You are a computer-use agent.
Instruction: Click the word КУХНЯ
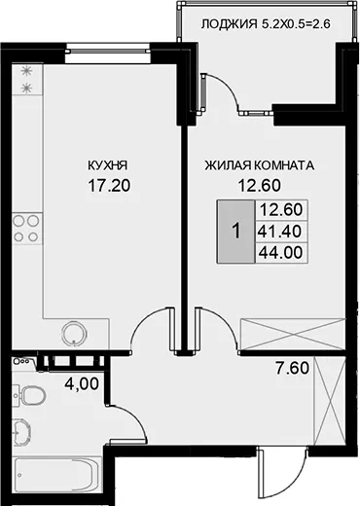pos(108,165)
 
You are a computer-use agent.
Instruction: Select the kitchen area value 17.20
pos(109,186)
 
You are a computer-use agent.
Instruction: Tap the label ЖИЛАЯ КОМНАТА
pos(260,165)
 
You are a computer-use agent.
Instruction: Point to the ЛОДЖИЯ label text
pos(229,24)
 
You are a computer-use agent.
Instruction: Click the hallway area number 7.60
pos(292,368)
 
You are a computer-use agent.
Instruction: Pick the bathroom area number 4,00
pos(82,384)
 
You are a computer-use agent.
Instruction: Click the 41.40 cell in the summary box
pos(279,232)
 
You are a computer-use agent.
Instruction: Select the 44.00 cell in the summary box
pos(281,252)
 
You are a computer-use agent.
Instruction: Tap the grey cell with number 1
pos(235,232)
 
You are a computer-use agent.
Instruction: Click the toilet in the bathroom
pos(29,395)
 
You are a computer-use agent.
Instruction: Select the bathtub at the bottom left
pos(57,477)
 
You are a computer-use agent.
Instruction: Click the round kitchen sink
pos(74,334)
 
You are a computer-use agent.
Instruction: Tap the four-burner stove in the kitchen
pos(27,229)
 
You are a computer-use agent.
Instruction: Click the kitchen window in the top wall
pos(108,51)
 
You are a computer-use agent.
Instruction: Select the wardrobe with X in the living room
pos(292,334)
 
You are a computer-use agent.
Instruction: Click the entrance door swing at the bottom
pos(281,472)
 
